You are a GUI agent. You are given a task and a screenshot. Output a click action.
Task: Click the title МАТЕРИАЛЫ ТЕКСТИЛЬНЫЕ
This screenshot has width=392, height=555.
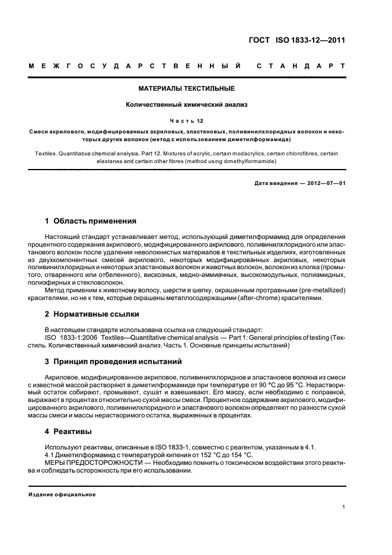pos(187,89)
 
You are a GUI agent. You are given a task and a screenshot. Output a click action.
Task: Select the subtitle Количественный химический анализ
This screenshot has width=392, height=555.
pos(187,105)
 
